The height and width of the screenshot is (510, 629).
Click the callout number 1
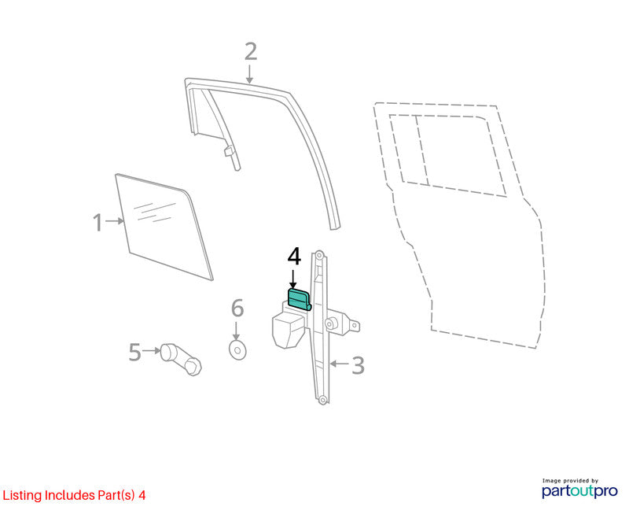pos(97,222)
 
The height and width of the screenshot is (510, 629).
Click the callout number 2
pos(251,52)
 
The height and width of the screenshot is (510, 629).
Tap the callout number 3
pos(358,365)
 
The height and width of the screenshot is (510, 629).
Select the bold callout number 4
pos(294,257)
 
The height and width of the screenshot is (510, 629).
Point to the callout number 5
pos(134,352)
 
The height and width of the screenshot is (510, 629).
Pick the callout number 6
pos(237,308)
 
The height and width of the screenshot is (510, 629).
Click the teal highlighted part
pos(300,299)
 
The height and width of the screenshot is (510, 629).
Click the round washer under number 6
pos(237,349)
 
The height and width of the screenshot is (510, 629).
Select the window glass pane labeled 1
pos(164,227)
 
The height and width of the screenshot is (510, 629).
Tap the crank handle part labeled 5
pos(182,359)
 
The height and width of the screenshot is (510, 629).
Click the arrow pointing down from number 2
pos(249,75)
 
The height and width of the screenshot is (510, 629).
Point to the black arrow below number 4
pos(293,279)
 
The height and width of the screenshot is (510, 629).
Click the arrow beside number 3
pos(339,364)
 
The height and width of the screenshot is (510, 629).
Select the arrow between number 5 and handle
pos(151,350)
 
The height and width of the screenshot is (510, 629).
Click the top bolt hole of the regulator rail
pos(319,255)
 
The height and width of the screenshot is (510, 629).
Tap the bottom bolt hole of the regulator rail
pos(322,400)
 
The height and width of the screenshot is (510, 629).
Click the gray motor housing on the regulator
pos(288,331)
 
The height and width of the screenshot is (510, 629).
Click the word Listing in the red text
pos(23,496)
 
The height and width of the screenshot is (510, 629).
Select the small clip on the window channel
pos(229,151)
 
